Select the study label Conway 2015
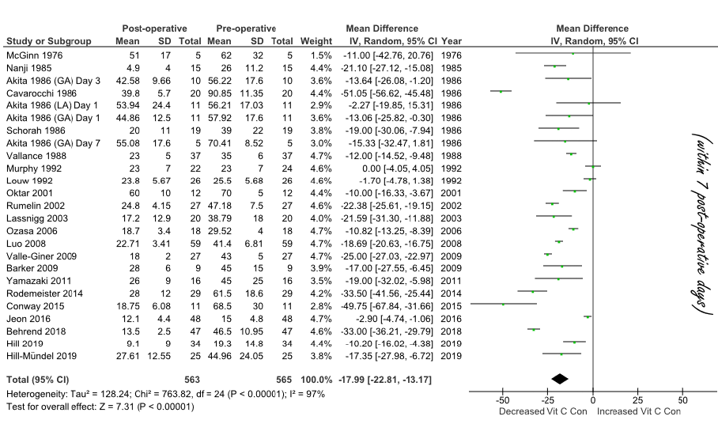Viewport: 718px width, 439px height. coord(32,305)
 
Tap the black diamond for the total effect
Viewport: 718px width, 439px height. coord(559,379)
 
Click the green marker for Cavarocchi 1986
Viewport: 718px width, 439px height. coord(501,92)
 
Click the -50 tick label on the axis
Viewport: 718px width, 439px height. coord(501,401)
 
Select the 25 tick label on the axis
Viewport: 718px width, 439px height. coord(637,401)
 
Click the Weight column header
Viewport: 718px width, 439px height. coord(316,40)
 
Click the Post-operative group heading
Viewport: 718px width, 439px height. coord(149,28)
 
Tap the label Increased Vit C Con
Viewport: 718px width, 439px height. coord(639,411)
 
